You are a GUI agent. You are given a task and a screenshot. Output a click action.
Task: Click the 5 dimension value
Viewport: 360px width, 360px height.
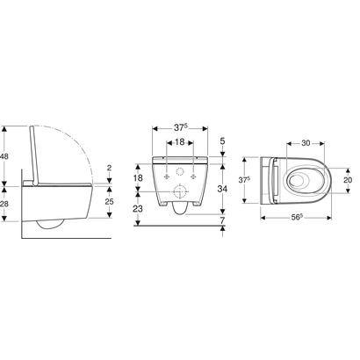224,140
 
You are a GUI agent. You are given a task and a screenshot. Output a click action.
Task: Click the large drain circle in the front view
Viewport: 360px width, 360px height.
179,192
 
